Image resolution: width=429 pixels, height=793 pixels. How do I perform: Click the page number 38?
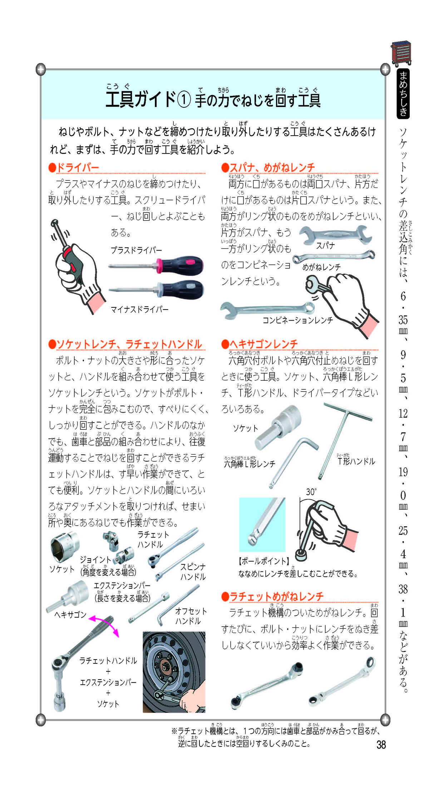tap(381, 745)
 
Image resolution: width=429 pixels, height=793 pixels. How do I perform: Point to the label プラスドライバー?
tap(136, 250)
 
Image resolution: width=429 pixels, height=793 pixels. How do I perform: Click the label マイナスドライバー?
tap(139, 309)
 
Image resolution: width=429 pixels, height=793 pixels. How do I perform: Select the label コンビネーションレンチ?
tap(298, 320)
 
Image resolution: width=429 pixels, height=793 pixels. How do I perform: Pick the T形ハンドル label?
tap(356, 461)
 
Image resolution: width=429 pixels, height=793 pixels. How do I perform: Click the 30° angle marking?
tap(311, 492)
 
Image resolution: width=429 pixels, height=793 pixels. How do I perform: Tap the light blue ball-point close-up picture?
tap(262, 525)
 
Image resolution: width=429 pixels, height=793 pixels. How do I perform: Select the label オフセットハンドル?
tap(191, 616)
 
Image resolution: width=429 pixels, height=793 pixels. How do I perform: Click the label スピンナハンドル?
tap(193, 572)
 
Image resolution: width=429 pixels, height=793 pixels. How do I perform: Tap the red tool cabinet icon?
tap(401, 54)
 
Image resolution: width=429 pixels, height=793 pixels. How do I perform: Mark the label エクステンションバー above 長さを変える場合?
tap(122, 586)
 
